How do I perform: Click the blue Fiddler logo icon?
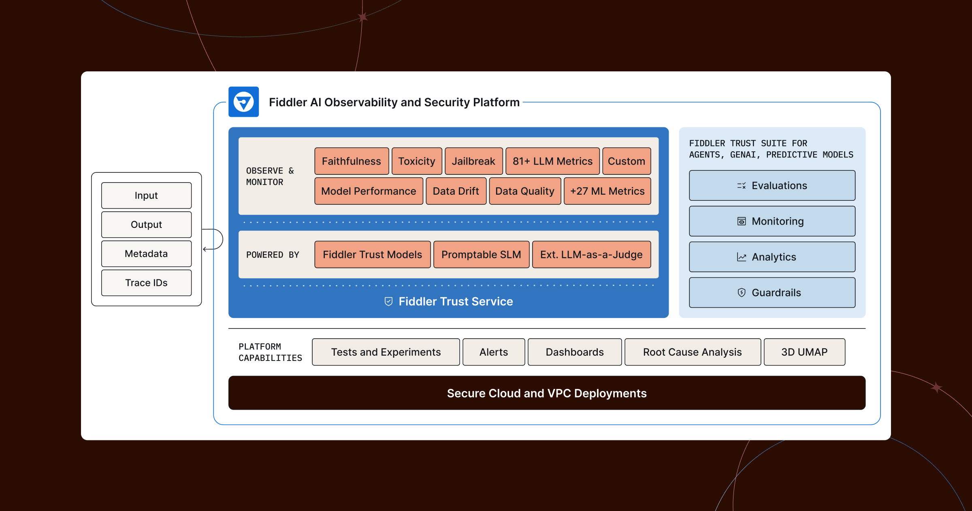[243, 102]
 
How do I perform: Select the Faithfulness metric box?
[352, 161]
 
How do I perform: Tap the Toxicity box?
[417, 161]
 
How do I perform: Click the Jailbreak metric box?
[473, 161]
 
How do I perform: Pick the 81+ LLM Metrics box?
[552, 161]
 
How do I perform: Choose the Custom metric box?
[626, 161]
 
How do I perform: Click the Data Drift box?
[456, 191]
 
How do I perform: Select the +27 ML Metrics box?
[607, 191]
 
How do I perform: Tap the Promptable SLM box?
[481, 254]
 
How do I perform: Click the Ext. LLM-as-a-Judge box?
[591, 254]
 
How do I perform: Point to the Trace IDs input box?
[146, 283]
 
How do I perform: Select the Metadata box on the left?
[146, 253]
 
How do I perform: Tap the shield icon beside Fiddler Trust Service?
[388, 301]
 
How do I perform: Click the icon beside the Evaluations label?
[741, 186]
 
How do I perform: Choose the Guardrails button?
[772, 292]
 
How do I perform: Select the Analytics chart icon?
[741, 257]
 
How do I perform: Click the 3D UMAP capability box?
[804, 352]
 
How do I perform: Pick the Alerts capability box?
[493, 352]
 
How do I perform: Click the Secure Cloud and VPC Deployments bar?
[547, 393]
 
